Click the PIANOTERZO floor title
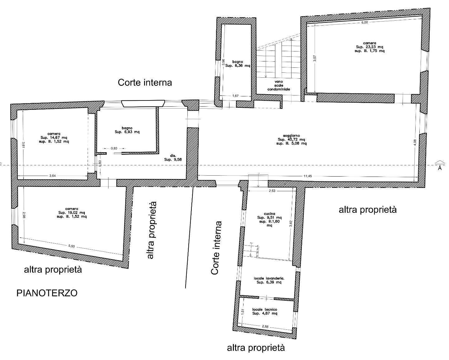(47, 293)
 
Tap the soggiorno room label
(292, 139)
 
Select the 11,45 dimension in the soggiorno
(308, 176)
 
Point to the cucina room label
(270, 220)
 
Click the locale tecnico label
(265, 312)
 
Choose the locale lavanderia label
(269, 280)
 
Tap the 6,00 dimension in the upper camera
(365, 22)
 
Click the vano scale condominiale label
(279, 85)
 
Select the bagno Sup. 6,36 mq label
(238, 64)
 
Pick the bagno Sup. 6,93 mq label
(127, 130)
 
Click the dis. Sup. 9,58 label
(173, 158)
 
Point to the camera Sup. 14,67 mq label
(54, 138)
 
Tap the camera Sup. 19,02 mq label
(72, 212)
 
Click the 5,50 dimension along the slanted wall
(72, 246)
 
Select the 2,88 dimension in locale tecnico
(265, 327)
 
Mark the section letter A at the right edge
(440, 168)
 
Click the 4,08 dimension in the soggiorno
(415, 143)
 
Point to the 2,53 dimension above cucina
(272, 191)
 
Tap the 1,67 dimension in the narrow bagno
(235, 96)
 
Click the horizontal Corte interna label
(145, 82)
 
